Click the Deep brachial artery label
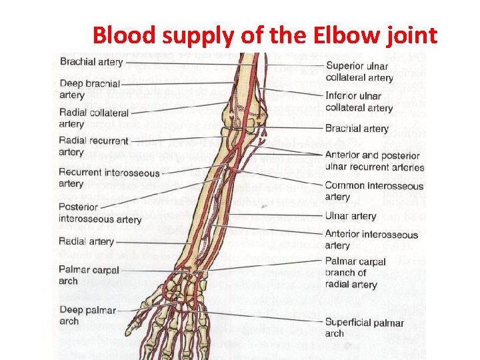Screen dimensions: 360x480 tap(89, 89)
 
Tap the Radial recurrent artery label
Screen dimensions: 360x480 tap(93, 146)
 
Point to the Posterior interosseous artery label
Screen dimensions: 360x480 tap(100, 213)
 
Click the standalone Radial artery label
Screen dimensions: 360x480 tap(86, 241)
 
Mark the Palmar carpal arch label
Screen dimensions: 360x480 tap(89, 275)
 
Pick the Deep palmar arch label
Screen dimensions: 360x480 tap(87, 315)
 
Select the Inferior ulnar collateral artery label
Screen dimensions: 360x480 tap(359, 101)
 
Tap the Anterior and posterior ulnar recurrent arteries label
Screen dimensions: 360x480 tap(374, 161)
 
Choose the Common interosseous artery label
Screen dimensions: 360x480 tap(373, 191)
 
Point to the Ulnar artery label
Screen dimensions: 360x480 tap(350, 216)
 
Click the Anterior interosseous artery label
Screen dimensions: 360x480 tap(371, 239)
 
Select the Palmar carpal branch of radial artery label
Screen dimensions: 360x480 tap(355, 273)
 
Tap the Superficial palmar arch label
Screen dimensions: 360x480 tap(364, 328)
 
